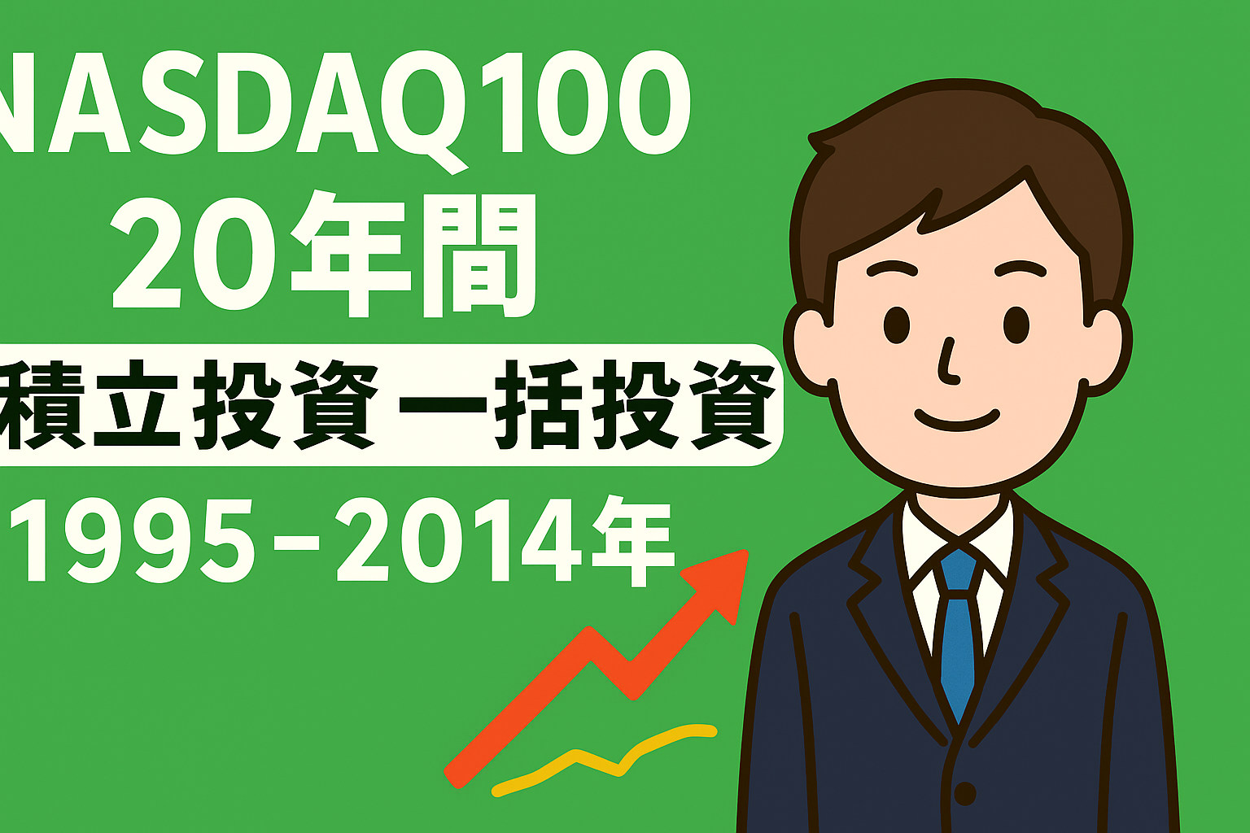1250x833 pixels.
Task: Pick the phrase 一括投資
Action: click(x=585, y=404)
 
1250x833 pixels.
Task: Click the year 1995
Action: click(x=130, y=540)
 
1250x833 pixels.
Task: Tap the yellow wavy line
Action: click(x=604, y=760)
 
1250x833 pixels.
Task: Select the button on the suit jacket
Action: click(x=965, y=793)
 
